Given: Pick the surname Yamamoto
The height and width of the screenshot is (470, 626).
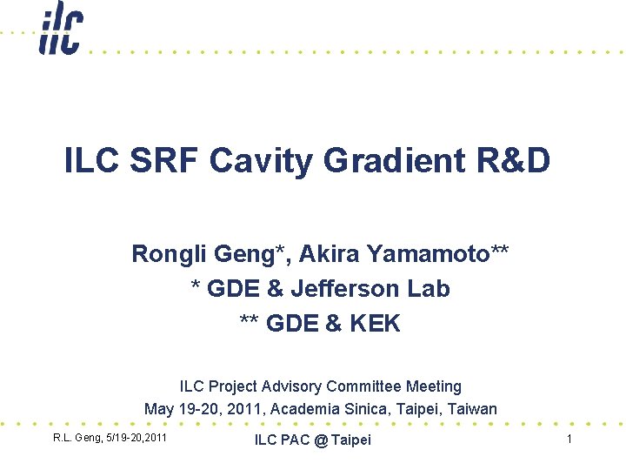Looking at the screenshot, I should [x=438, y=254].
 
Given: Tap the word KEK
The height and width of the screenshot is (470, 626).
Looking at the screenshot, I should [x=375, y=324].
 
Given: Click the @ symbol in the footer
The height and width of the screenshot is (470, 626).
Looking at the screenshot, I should [x=322, y=440].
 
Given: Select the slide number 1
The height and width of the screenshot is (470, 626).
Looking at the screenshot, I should [x=569, y=440].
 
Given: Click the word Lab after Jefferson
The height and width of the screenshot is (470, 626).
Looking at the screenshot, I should [x=428, y=289].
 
